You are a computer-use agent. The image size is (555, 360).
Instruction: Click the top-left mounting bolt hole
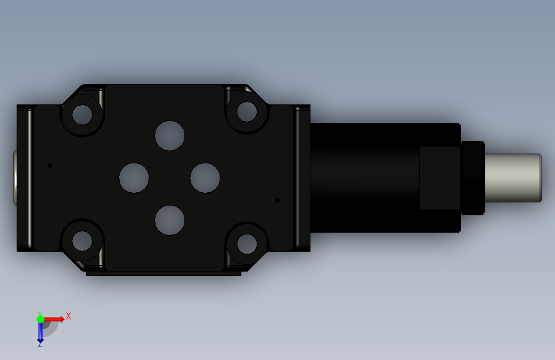click(x=82, y=115)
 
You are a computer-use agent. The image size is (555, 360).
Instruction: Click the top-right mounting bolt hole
click(x=246, y=111)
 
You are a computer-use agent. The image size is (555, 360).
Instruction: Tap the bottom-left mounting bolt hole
click(x=82, y=241)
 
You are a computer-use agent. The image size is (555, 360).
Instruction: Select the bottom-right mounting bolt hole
click(x=246, y=244)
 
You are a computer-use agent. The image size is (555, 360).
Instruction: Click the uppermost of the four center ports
click(x=170, y=136)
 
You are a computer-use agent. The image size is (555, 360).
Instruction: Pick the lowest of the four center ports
click(x=170, y=220)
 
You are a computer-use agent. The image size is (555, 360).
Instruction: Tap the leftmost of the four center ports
click(x=134, y=178)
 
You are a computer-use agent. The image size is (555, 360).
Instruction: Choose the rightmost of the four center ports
click(x=205, y=178)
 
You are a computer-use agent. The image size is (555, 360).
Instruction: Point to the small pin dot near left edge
click(x=49, y=165)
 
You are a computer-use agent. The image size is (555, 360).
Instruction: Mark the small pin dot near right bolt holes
click(x=278, y=200)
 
